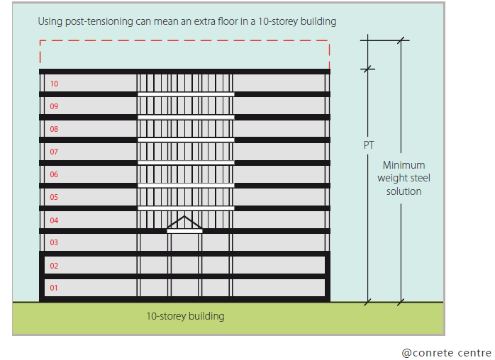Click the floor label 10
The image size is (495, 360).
point(55,84)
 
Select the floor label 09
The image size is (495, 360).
point(55,106)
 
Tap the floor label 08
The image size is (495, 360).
point(55,129)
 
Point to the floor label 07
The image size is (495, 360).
point(55,152)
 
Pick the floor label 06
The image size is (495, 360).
point(55,174)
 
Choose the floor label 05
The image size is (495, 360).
point(55,197)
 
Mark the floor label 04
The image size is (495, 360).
point(55,220)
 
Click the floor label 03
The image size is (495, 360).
point(55,242)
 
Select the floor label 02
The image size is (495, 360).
point(55,266)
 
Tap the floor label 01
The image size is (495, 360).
point(55,288)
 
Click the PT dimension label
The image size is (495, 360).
point(369,145)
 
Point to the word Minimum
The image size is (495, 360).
point(404,165)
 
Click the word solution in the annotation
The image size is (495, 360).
point(404,191)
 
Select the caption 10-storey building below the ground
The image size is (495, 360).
point(185,316)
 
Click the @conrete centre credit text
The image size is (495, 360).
point(446,352)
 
